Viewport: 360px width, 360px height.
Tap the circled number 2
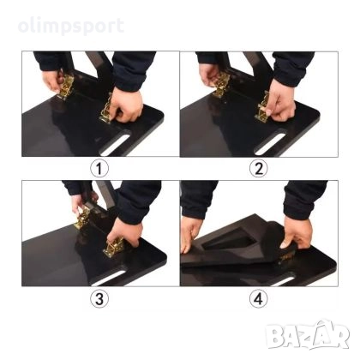coord(257,168)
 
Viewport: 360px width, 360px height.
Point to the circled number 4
coord(257,300)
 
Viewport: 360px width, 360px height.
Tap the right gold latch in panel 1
coord(110,111)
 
